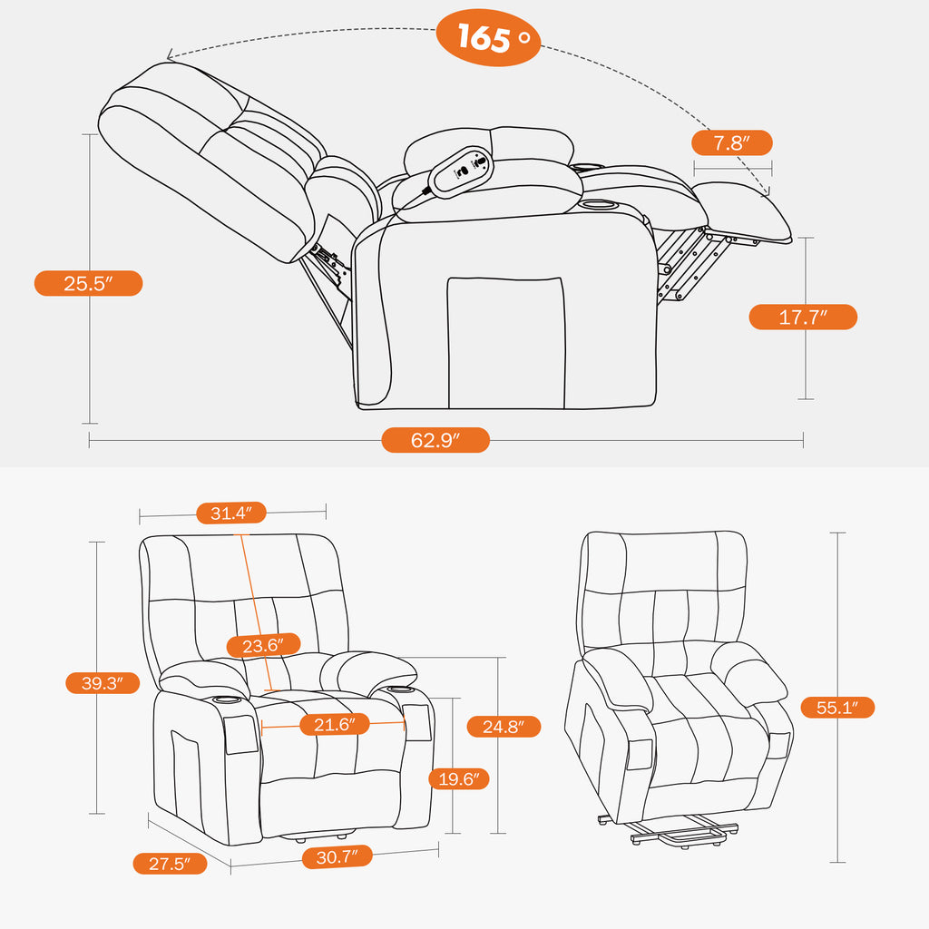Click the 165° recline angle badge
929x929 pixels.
(x=488, y=38)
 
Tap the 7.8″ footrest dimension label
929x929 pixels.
(x=731, y=143)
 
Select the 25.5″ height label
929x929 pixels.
(x=88, y=283)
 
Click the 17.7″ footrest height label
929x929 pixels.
(x=802, y=317)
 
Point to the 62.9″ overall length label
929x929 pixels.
(x=435, y=440)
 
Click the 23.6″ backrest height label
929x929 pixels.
(x=263, y=645)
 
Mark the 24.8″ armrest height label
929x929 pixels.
(x=504, y=726)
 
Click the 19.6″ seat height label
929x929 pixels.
(x=460, y=778)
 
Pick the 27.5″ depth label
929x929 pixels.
(x=170, y=863)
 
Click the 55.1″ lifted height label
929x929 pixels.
(x=837, y=707)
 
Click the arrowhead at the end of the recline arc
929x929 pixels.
(x=765, y=191)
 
